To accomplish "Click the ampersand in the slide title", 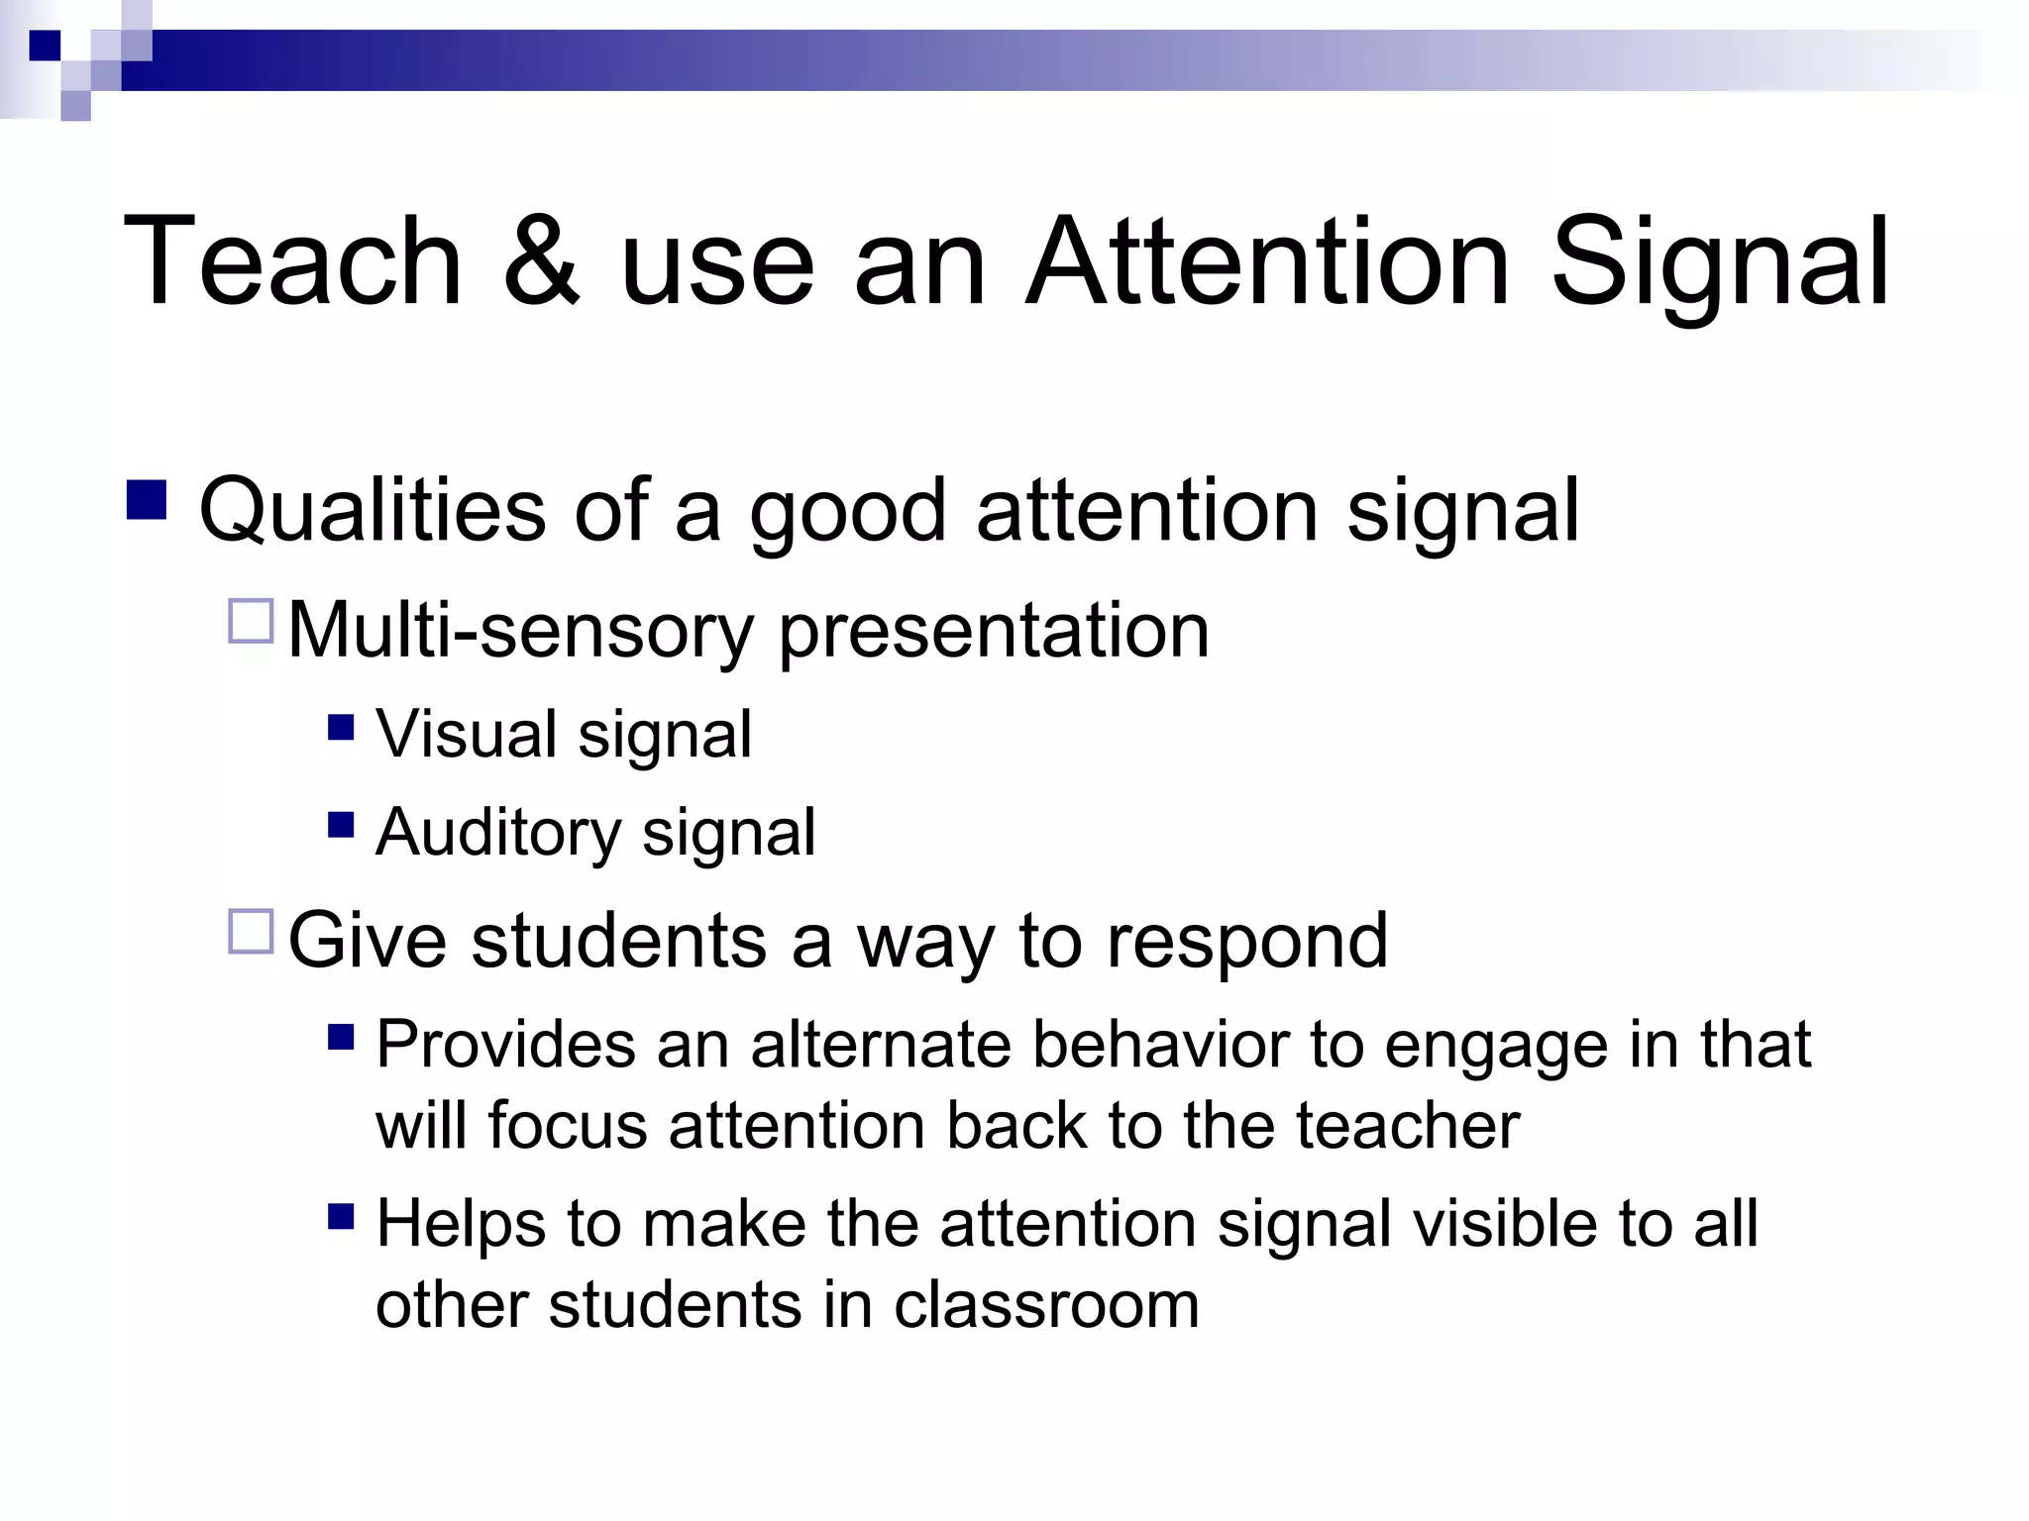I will coord(541,261).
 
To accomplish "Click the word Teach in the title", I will coord(293,261).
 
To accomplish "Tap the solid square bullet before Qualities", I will coord(146,500).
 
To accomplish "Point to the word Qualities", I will coord(373,511).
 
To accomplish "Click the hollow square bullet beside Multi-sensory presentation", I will coord(250,622).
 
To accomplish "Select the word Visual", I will coord(467,734).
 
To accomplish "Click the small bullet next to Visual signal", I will coord(341,728).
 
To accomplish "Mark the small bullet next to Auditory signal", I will coord(341,825).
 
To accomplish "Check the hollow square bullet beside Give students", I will coord(250,932).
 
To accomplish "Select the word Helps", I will coord(461,1224).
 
